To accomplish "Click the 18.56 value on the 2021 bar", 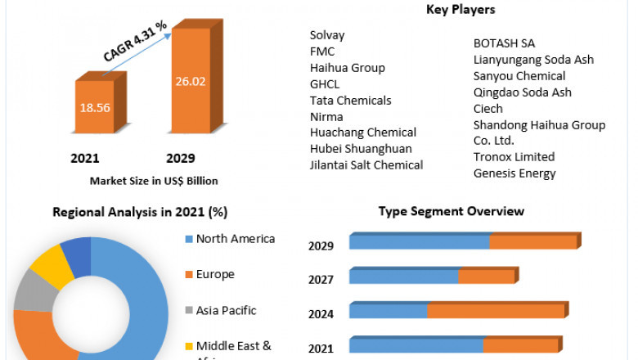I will [x=101, y=106].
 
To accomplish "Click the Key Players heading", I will [x=461, y=10].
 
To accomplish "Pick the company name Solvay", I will [x=327, y=35].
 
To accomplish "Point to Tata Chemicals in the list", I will [x=350, y=101].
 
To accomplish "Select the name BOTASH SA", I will [x=505, y=43].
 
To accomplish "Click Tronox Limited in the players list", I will [x=514, y=156].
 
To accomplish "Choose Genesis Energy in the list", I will [x=514, y=173].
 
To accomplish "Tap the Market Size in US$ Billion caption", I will [x=154, y=181].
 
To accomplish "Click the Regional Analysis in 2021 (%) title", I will [x=139, y=212].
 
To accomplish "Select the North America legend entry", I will [x=235, y=239].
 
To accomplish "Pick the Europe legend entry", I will [x=214, y=274].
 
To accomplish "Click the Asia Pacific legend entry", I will [x=226, y=310].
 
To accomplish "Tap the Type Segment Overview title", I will [x=451, y=211].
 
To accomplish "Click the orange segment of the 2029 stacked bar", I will [x=533, y=242].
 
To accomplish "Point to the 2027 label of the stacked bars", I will [x=321, y=280].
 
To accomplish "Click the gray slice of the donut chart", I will [x=30, y=290].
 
